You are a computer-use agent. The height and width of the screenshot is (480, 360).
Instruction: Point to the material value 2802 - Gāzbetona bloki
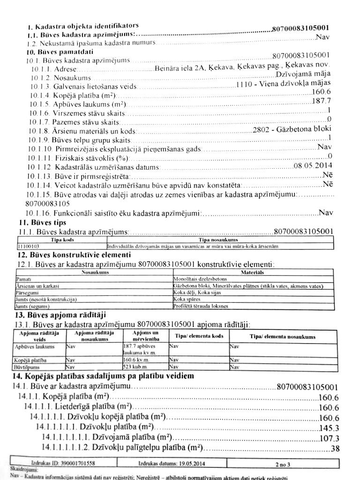(x=292, y=129)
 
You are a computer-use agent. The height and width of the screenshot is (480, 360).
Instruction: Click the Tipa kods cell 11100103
(x=29, y=245)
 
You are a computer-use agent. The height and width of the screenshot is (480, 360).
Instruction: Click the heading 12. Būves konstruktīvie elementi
(x=75, y=255)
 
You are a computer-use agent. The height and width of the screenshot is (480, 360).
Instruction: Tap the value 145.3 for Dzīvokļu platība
(x=329, y=428)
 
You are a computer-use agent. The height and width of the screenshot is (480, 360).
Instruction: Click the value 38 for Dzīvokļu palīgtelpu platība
(x=335, y=448)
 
